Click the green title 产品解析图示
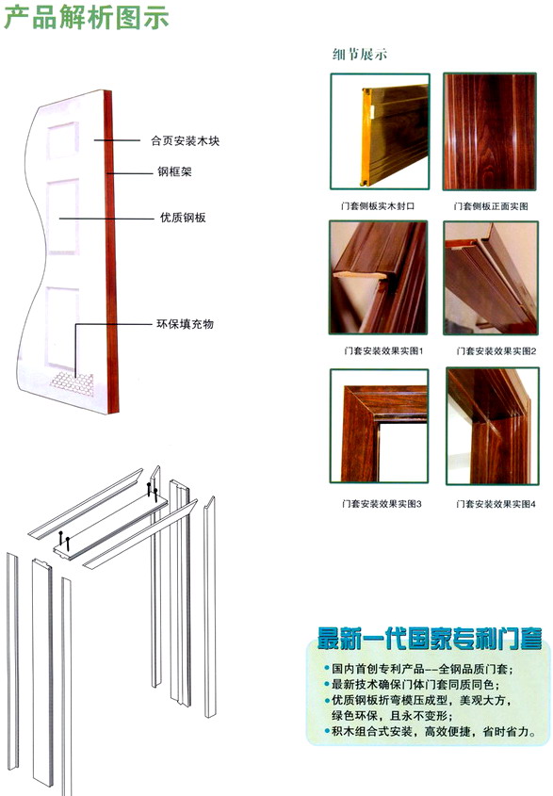tap(87, 17)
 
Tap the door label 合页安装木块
tap(185, 140)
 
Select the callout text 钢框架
tap(174, 171)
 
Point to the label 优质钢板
tap(183, 218)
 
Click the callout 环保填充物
tap(185, 324)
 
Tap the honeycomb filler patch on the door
tap(73, 383)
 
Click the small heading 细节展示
tap(360, 55)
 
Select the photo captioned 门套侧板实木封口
tap(380, 132)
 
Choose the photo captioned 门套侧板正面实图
tap(490, 132)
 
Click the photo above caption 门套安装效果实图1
tap(379, 277)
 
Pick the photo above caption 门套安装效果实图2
tap(491, 278)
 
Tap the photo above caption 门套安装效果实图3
tap(380, 426)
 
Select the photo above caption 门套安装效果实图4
tap(492, 426)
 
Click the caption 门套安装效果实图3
tap(382, 504)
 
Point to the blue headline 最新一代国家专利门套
tap(430, 639)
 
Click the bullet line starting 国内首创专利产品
tap(419, 669)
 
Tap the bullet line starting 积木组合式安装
tap(431, 732)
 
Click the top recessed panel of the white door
tap(63, 140)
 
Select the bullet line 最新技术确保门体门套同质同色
tap(412, 684)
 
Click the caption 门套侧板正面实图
tap(491, 206)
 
